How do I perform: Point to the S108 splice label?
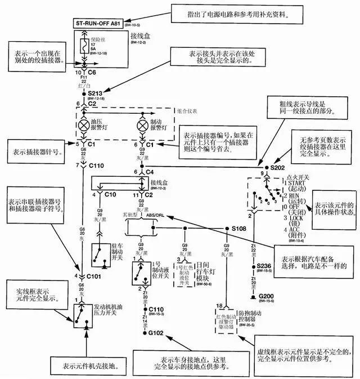[241, 229]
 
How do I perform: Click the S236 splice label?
[264, 265]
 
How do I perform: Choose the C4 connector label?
[151, 171]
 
